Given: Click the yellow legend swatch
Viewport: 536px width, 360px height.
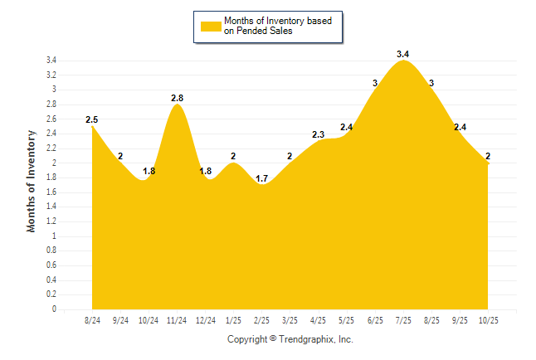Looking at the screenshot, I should (210, 26).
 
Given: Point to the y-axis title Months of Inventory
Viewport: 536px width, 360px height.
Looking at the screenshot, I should (32, 180).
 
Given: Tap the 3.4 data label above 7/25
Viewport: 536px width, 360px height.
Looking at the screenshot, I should (403, 54).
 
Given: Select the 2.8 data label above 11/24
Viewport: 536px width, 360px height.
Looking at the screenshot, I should (177, 98).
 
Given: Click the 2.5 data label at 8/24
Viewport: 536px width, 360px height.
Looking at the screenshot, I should (91, 119).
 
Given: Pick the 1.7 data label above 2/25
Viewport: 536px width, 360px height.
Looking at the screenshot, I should (261, 178).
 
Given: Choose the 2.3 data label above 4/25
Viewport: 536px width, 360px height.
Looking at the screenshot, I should (318, 134).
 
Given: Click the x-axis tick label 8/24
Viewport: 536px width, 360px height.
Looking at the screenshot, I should (92, 320).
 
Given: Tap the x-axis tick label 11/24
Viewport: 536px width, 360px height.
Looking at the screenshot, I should (177, 320).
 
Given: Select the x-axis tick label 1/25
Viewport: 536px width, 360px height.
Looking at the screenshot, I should (233, 320).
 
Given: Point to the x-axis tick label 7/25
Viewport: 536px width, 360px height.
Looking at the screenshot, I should (403, 320).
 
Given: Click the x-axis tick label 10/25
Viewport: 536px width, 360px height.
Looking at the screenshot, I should (489, 320).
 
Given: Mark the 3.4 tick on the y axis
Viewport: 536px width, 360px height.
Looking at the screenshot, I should (51, 61).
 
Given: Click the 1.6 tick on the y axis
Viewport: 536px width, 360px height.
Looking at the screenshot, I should (51, 192).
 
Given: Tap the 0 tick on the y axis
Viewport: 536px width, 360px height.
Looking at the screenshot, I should (54, 309).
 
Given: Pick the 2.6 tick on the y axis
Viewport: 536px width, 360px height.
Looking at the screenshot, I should (51, 119).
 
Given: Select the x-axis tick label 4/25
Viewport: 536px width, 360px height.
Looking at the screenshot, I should (318, 320).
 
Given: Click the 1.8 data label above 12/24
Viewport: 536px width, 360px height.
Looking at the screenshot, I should (207, 171).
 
